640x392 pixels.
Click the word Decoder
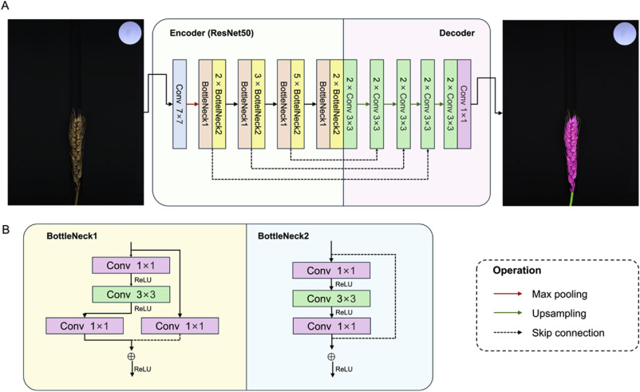click(x=458, y=34)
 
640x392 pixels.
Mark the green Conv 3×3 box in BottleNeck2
click(x=331, y=299)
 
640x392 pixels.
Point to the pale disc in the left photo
click(x=129, y=34)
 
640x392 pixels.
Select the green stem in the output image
click(x=571, y=196)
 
